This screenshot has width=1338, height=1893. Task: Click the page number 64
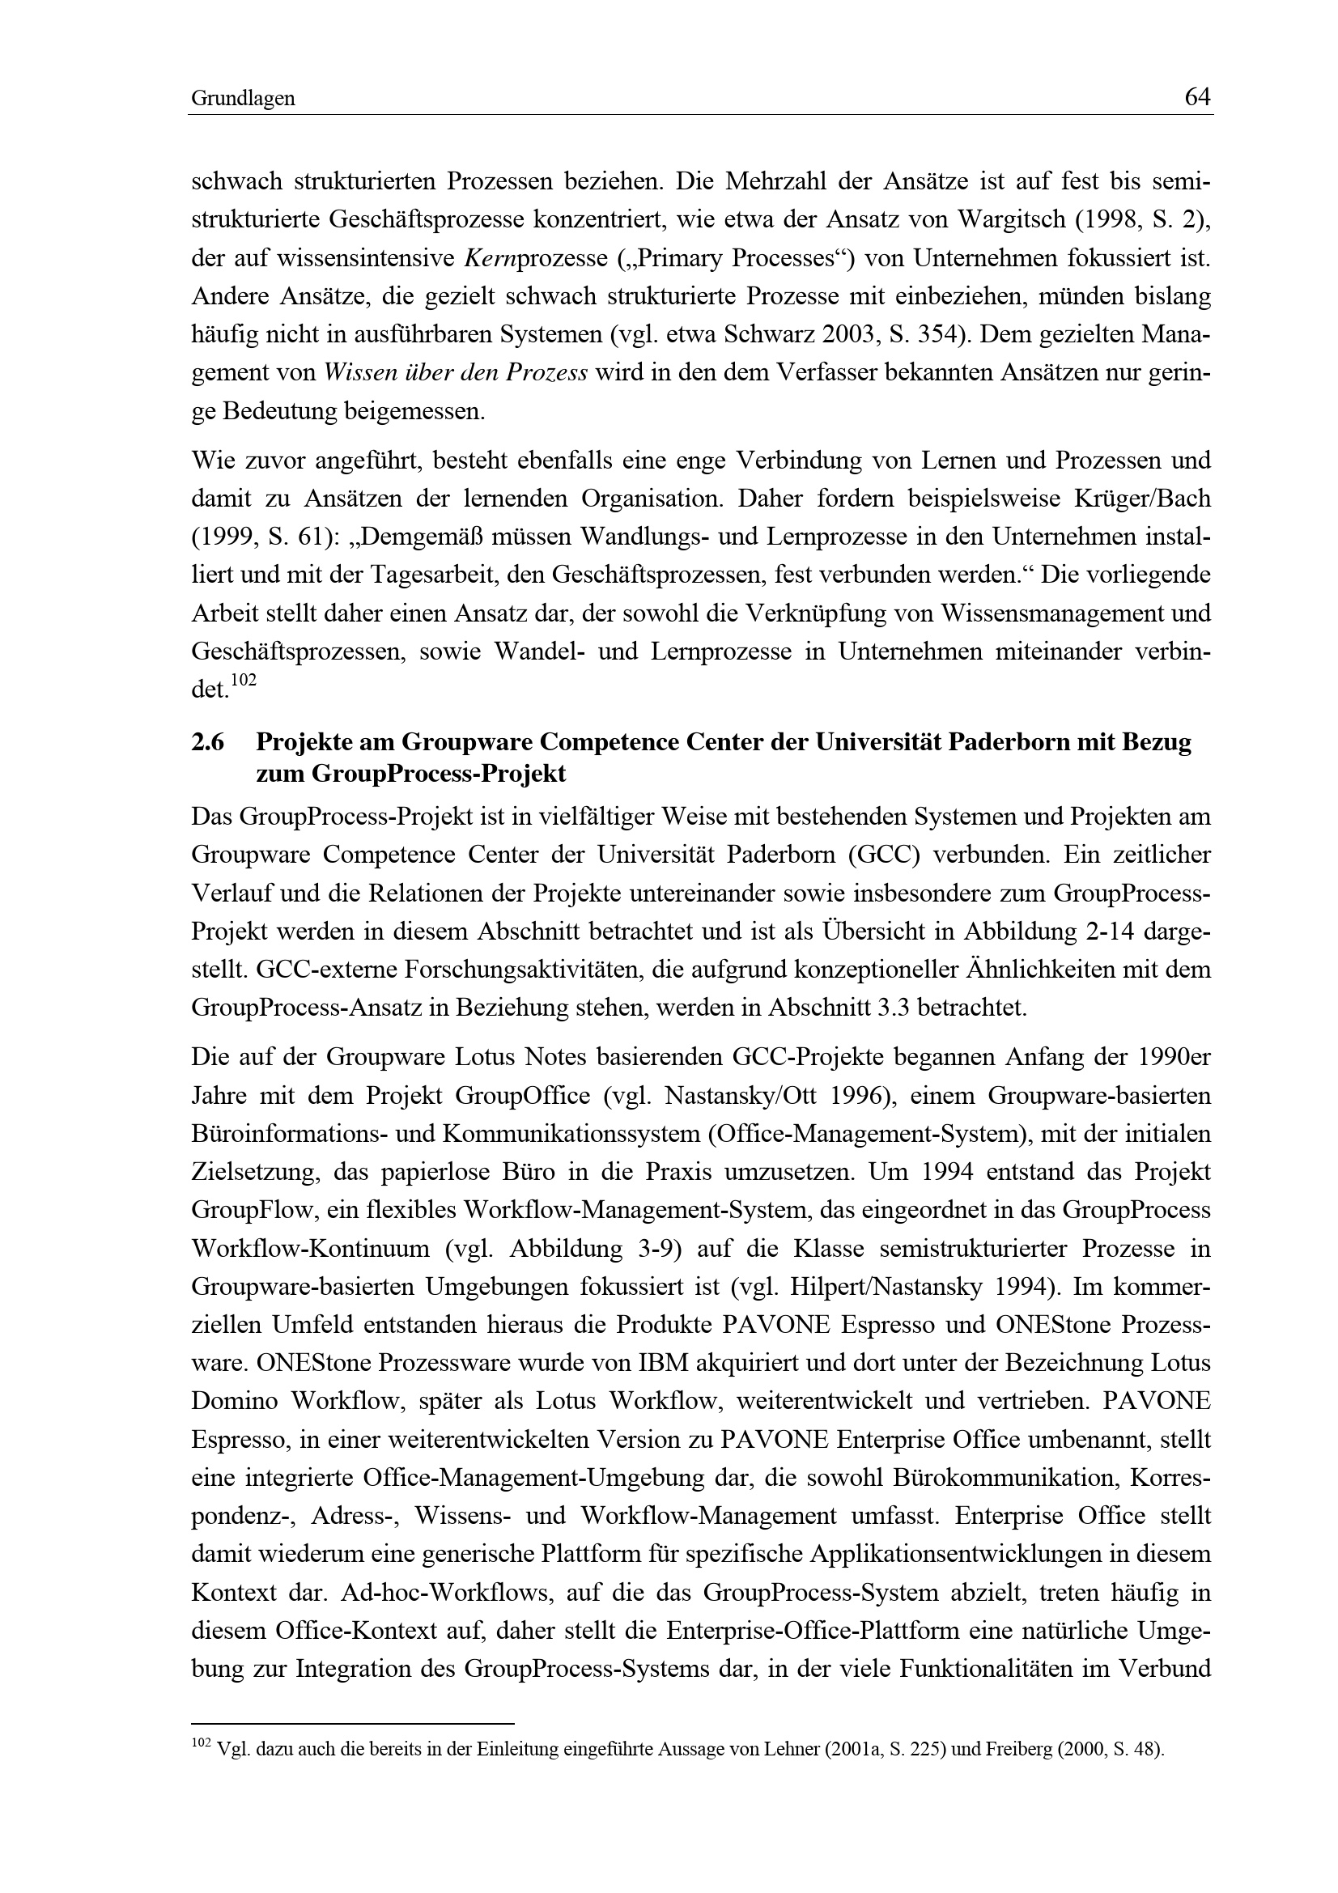(1197, 98)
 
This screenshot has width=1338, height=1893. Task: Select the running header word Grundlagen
(243, 100)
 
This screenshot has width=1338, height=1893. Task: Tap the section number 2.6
(208, 743)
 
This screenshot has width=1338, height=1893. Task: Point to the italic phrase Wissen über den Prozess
(456, 372)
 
